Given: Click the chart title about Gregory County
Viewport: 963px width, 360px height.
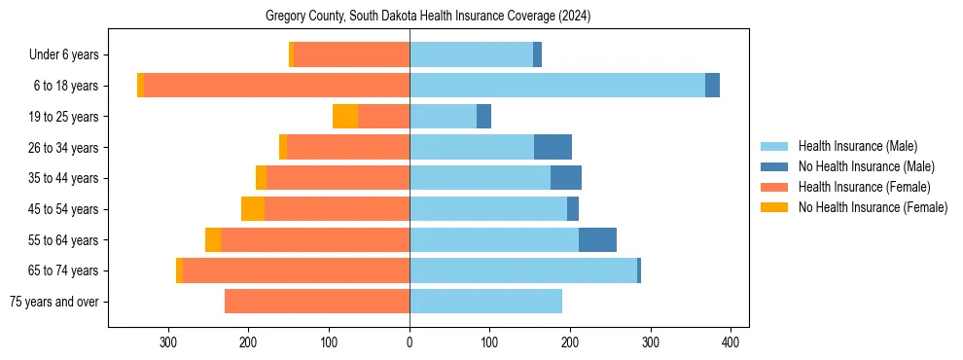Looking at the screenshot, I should click(428, 17).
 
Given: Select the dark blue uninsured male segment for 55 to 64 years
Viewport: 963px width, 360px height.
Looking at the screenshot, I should click(597, 239).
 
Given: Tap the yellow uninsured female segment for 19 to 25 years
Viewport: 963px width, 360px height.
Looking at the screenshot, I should click(345, 117).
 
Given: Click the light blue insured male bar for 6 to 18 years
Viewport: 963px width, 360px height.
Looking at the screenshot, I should click(557, 86).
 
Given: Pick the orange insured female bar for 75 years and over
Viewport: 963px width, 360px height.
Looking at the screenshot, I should click(317, 302).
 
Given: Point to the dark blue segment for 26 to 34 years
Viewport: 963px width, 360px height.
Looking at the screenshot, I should click(553, 147).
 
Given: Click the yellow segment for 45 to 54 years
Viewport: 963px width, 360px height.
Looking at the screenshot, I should click(253, 209).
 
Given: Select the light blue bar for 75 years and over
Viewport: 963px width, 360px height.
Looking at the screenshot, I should click(485, 302).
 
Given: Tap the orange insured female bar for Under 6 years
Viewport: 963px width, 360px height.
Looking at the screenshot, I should click(351, 54).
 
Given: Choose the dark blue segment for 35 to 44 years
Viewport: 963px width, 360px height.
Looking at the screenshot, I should click(566, 178).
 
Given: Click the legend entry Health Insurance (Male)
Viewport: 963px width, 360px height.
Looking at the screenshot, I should click(857, 146).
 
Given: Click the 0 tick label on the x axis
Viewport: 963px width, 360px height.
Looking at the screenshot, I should click(410, 342).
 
